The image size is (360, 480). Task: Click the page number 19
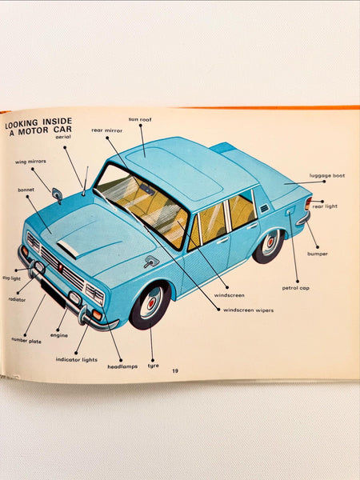coord(174,371)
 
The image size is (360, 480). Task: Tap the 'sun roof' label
coord(140,119)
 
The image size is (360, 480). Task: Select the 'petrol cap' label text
coord(296,288)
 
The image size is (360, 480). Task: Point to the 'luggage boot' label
coord(327,176)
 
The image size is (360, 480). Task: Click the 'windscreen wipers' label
coord(248,310)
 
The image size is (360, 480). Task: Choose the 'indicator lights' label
coord(77,360)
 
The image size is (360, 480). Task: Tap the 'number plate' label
coord(26,341)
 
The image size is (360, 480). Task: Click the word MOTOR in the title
coord(33,131)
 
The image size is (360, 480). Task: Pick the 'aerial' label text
coord(63,137)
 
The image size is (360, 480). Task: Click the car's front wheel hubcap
coord(150,303)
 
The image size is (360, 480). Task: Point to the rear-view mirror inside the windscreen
coord(147,190)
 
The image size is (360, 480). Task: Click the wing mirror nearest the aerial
coord(58,195)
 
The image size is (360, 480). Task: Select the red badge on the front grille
coord(60,267)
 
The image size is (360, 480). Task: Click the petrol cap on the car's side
coord(290,211)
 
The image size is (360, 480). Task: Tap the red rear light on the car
coord(308,203)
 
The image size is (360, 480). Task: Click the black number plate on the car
coord(53,294)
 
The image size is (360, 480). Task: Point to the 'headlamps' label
coord(122,366)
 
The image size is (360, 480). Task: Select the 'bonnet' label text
coord(26,190)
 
